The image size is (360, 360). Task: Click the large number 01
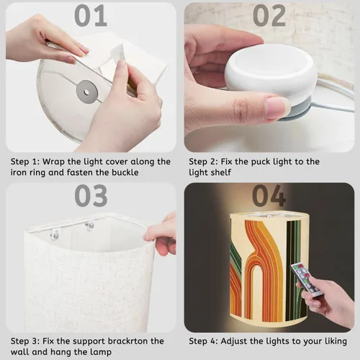(x=91, y=16)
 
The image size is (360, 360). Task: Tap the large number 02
(x=269, y=16)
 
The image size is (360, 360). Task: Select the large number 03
(x=91, y=196)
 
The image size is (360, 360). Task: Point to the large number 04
(x=269, y=196)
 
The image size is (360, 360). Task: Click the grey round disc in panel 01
(x=87, y=92)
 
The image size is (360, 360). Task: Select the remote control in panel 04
(x=304, y=280)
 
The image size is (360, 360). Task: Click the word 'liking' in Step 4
(x=336, y=341)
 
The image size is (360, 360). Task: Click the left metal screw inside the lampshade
(x=55, y=235)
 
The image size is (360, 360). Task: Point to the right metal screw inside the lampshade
(x=90, y=225)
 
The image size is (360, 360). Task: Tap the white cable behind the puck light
(x=336, y=96)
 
